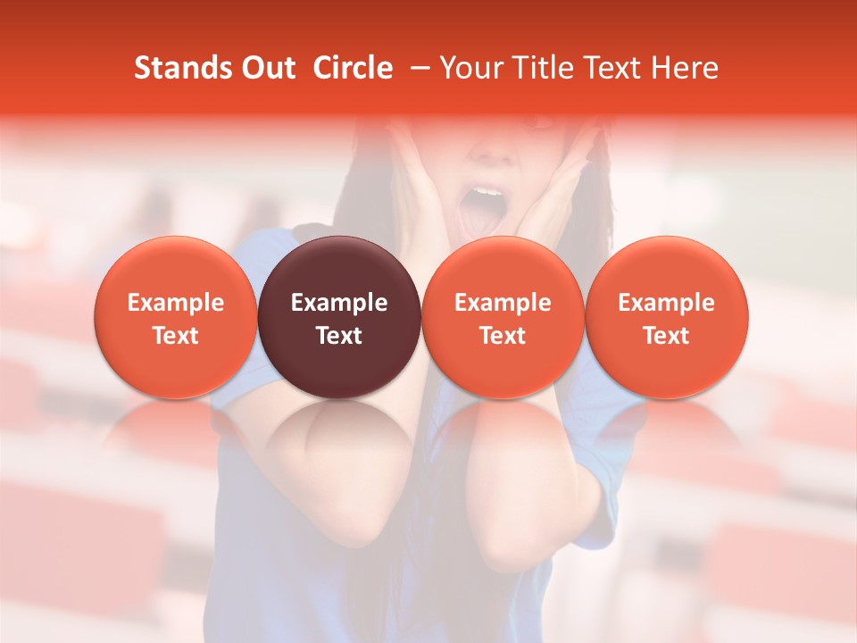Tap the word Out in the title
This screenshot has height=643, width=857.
click(x=267, y=68)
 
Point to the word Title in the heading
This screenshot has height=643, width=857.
click(x=535, y=68)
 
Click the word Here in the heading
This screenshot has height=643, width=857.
click(x=685, y=68)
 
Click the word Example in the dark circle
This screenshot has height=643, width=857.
click(x=339, y=303)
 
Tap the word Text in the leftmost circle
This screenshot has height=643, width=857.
click(x=176, y=336)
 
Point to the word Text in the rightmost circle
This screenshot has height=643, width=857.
click(x=667, y=336)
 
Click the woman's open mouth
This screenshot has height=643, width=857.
click(x=483, y=210)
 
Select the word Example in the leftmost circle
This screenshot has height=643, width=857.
click(x=176, y=303)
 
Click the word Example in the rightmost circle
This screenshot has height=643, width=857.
click(x=667, y=303)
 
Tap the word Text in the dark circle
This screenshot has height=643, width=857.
click(x=339, y=336)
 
